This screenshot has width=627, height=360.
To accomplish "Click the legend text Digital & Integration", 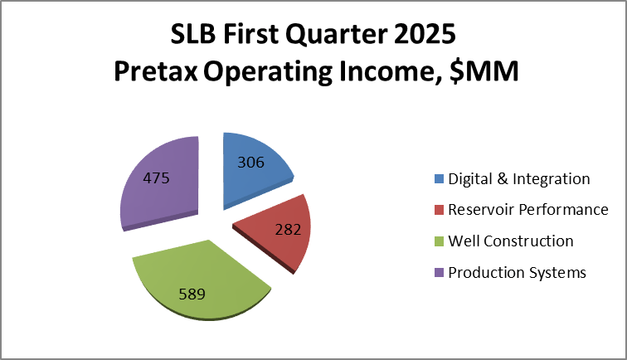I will coord(519,178).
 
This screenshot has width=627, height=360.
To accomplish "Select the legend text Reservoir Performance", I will coord(528,210).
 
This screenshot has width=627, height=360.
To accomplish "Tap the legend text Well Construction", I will coord(511,241).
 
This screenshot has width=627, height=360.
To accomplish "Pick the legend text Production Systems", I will coord(518,273).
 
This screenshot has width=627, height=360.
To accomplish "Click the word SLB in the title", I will coord(192,36).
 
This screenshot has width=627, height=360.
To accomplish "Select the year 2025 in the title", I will coord(424,36).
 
